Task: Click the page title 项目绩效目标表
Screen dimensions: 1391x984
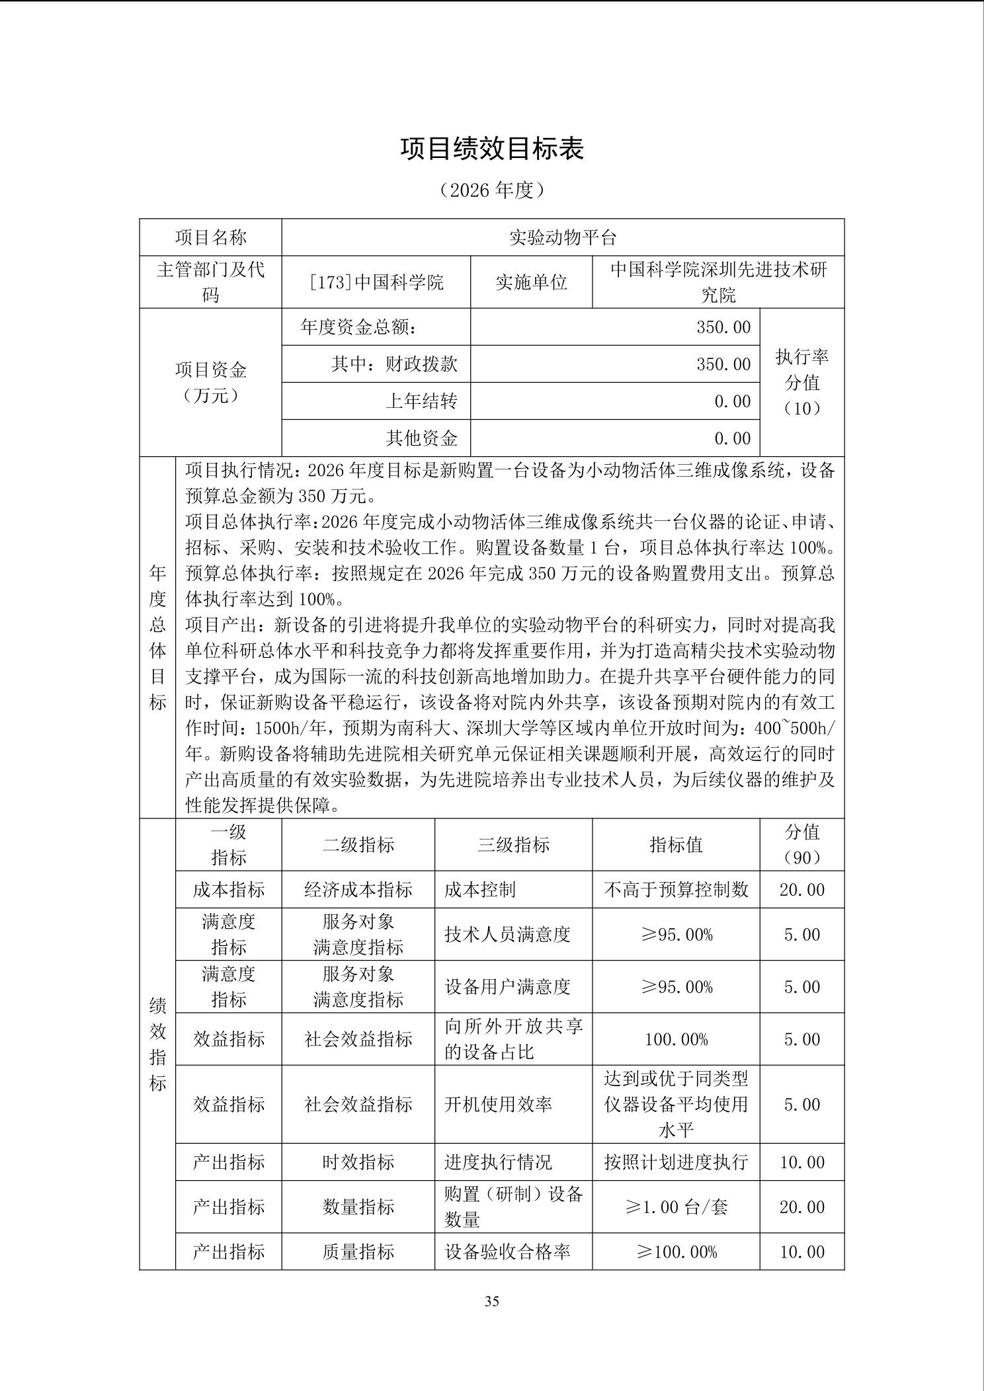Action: pos(492,149)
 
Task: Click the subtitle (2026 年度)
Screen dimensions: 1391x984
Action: pos(492,190)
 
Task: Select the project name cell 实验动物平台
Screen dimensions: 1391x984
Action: pos(563,238)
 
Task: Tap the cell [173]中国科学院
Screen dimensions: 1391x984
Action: pos(376,282)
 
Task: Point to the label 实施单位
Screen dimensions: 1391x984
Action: pos(531,282)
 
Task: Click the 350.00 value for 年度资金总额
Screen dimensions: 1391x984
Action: pos(723,327)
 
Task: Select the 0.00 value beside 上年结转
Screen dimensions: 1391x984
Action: pos(732,401)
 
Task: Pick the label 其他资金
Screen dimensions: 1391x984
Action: pos(421,438)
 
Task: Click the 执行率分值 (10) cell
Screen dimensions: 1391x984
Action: pos(801,383)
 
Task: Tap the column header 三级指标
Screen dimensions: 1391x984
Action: pos(513,845)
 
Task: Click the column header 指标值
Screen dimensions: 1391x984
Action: pos(676,845)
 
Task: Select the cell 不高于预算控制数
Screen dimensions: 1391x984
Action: pos(676,890)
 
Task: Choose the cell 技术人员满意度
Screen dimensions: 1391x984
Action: pos(507,934)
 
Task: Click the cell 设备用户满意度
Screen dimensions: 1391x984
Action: pos(507,987)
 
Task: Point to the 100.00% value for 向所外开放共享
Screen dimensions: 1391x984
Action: pos(676,1039)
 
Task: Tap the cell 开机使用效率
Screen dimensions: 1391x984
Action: pos(498,1104)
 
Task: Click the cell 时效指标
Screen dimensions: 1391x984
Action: pos(358,1162)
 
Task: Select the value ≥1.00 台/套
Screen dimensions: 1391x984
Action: pos(676,1207)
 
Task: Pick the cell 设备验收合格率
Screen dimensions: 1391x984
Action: pos(507,1252)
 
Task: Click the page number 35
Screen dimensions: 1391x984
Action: pos(492,1301)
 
